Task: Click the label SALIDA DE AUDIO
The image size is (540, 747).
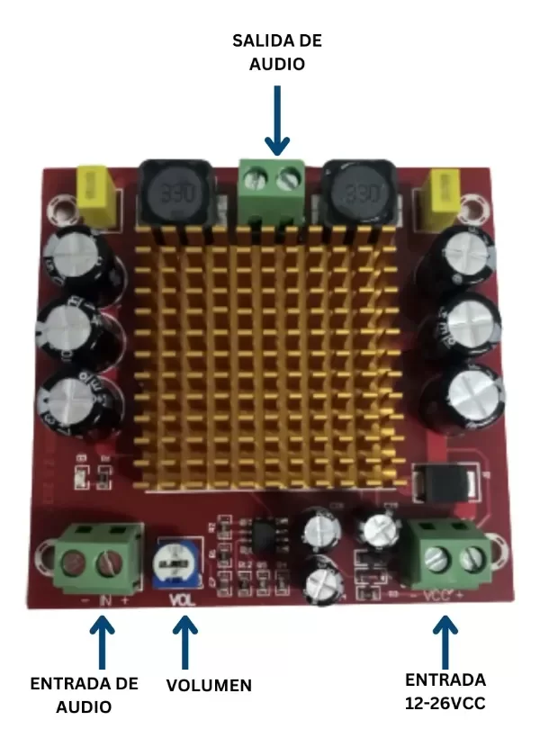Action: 277,52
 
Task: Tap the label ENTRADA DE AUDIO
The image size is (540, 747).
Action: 85,695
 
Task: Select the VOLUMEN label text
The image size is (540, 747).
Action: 209,686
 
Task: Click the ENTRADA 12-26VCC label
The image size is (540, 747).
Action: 445,691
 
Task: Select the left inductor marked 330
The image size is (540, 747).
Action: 175,194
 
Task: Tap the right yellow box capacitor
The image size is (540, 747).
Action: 447,198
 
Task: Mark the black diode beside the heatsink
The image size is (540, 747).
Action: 444,485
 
